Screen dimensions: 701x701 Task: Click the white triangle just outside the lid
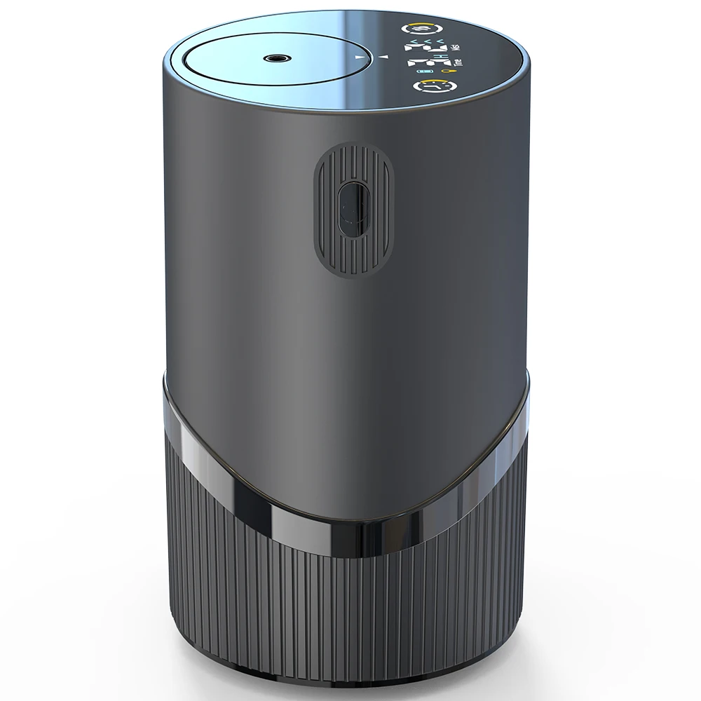[383, 56]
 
